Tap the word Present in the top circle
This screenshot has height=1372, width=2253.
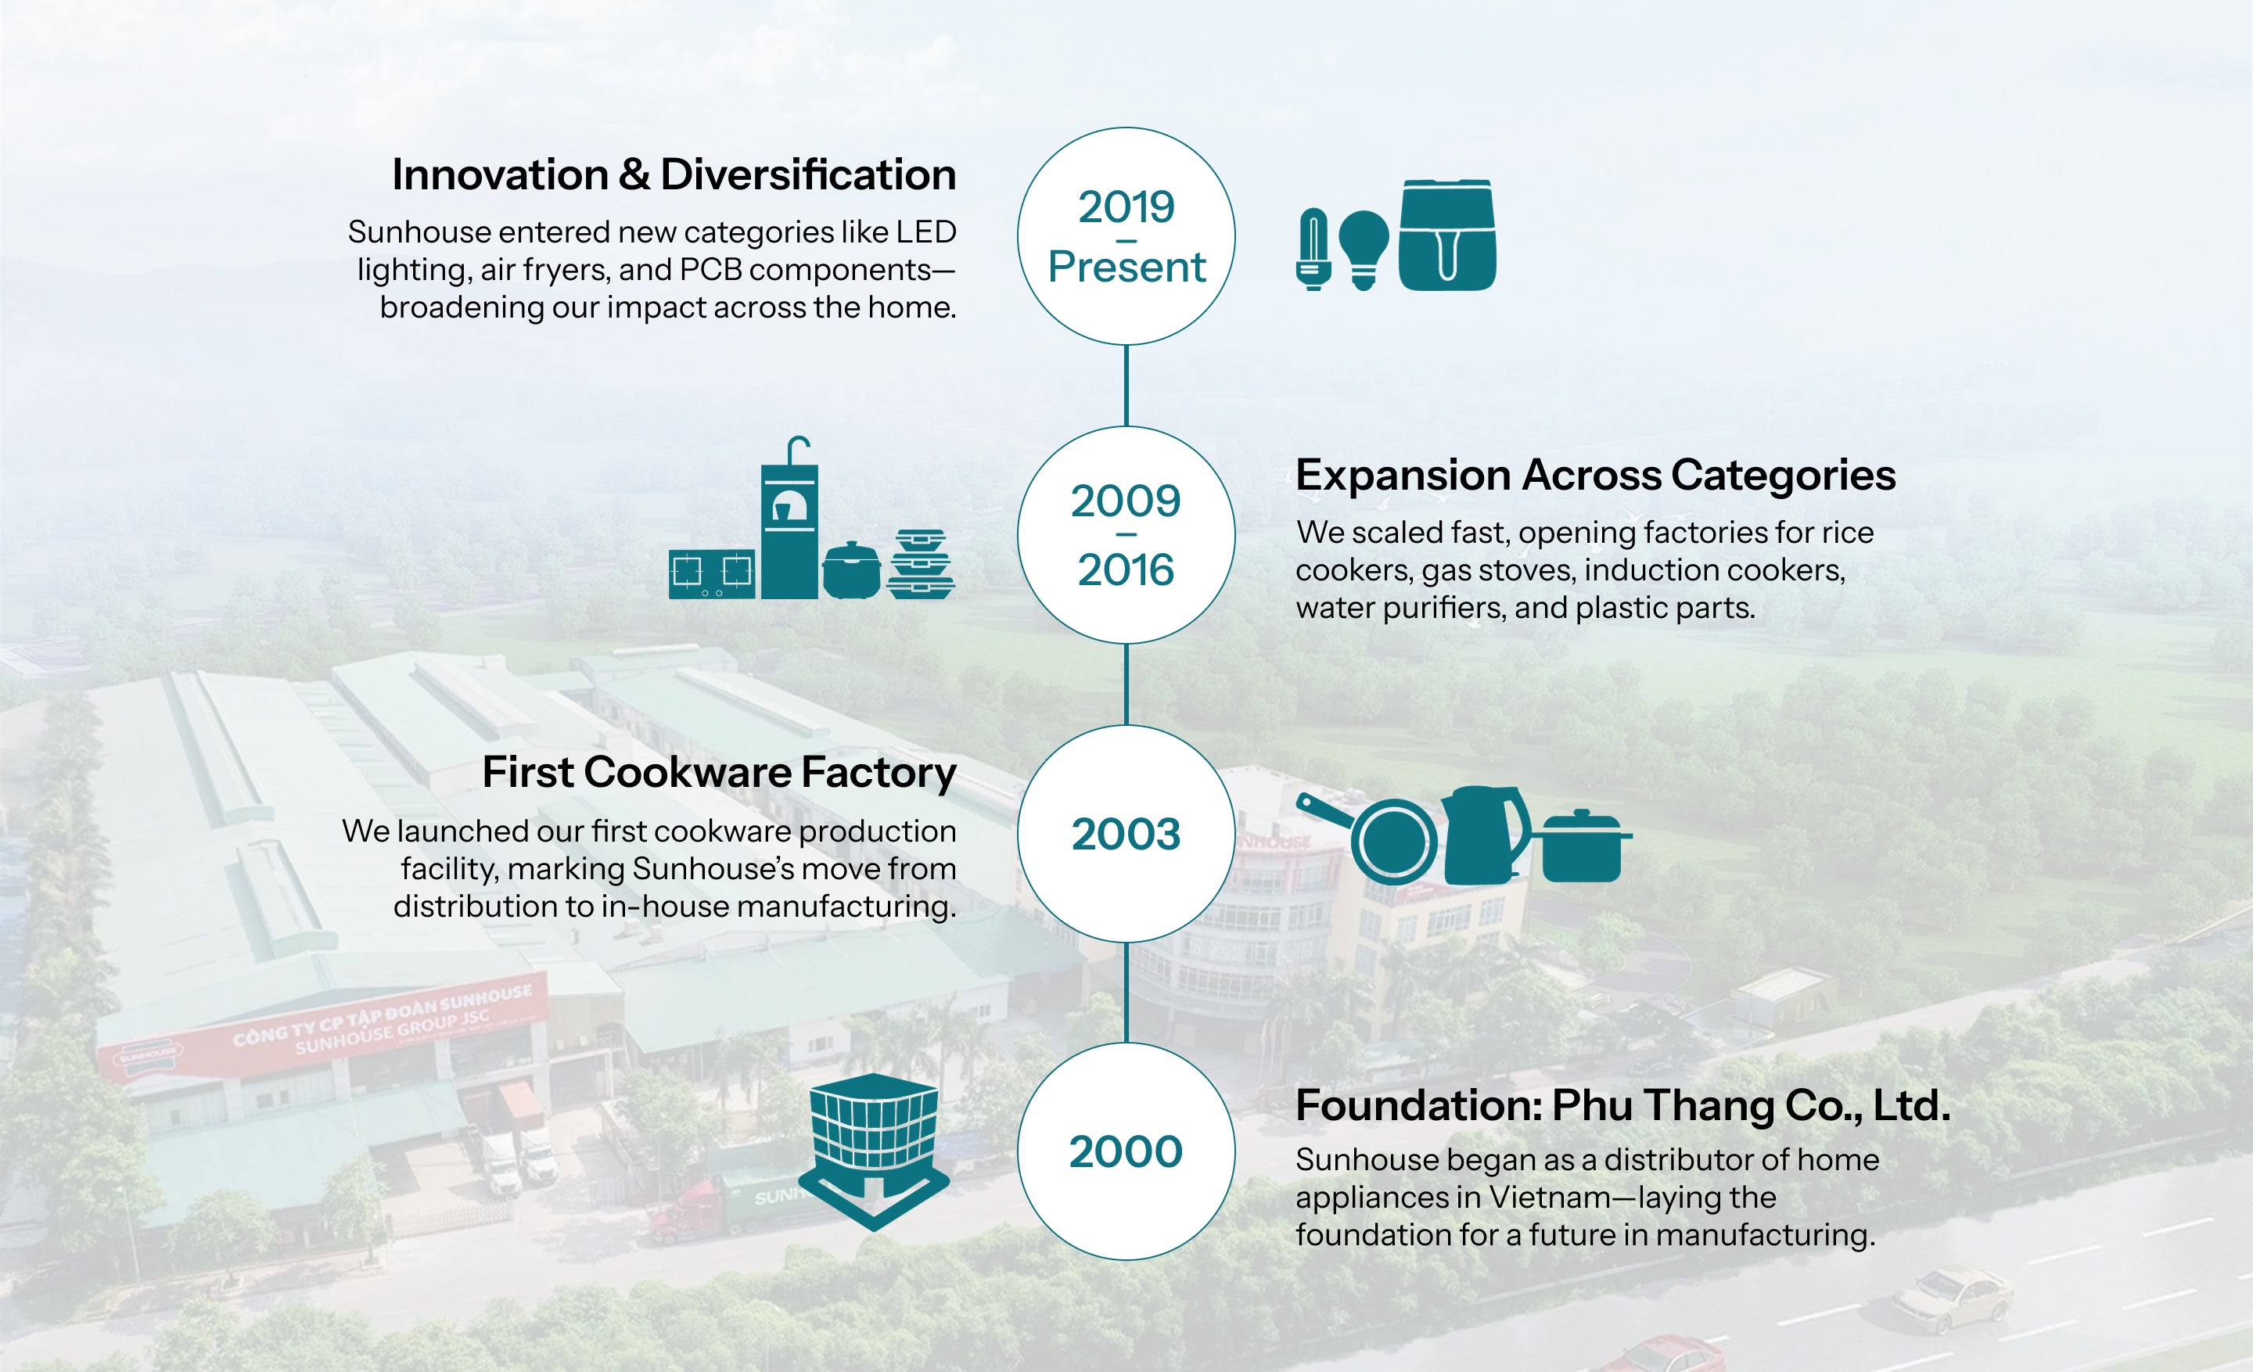point(1126,267)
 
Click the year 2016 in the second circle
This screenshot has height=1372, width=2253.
point(1126,569)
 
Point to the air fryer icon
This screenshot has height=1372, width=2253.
point(1447,235)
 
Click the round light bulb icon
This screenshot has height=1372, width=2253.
point(1364,250)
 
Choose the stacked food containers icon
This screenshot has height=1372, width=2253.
point(920,564)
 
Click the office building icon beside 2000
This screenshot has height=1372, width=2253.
point(874,1151)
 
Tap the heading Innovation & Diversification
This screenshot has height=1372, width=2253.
point(674,174)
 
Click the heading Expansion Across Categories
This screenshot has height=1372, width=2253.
point(1596,476)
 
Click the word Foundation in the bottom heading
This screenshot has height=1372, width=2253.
point(1418,1105)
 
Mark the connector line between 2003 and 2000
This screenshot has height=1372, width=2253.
point(1126,993)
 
